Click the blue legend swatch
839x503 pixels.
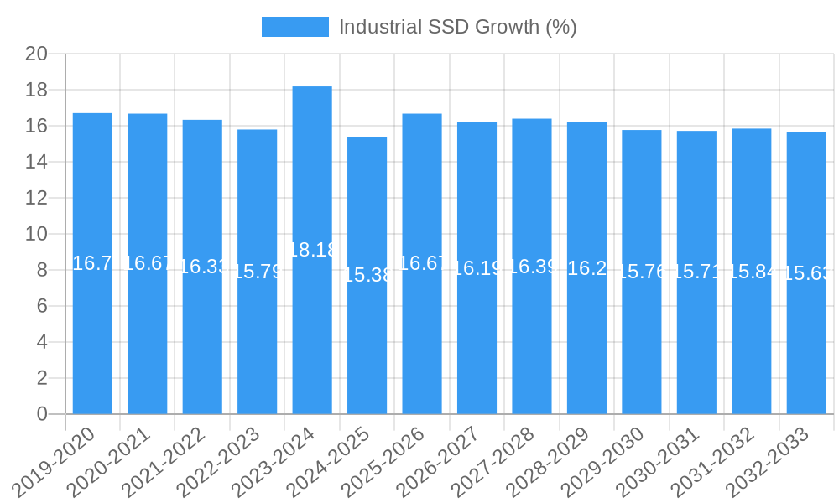click(294, 27)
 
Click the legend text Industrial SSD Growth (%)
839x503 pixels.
click(457, 27)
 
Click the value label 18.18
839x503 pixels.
click(312, 250)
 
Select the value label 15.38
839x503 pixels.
click(367, 275)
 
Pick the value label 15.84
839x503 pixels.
click(752, 272)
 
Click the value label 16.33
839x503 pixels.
click(202, 267)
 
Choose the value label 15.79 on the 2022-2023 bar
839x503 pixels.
click(257, 272)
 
